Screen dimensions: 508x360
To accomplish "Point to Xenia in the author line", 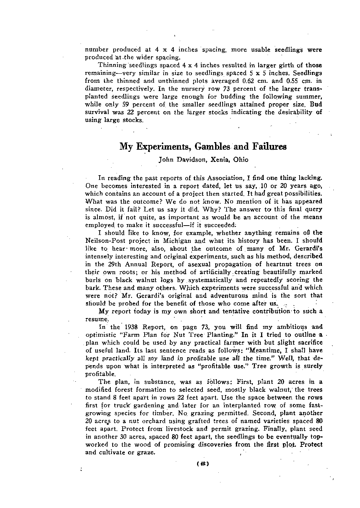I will tap(218, 159).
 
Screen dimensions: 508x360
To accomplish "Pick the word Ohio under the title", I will tap(241, 159).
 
